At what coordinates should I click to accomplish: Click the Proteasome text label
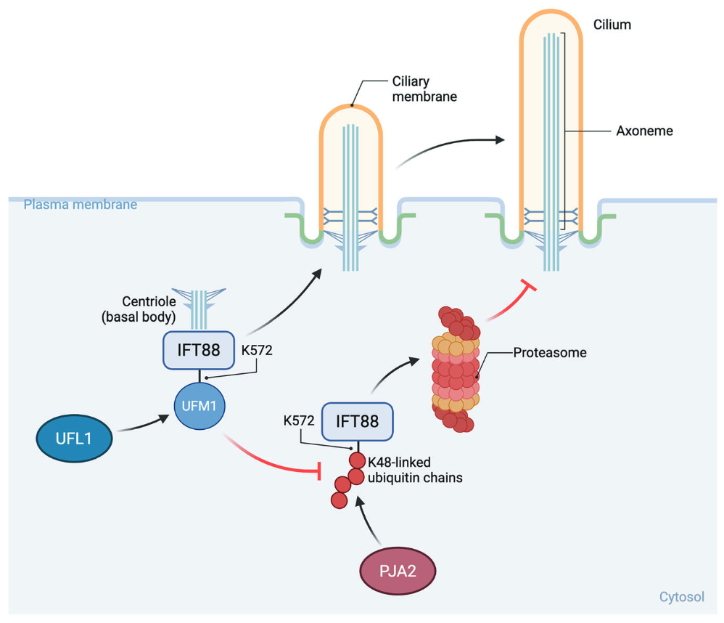(x=550, y=354)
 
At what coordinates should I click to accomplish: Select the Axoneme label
(x=645, y=131)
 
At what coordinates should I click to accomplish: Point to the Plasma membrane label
(x=80, y=205)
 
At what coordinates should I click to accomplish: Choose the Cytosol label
(x=681, y=597)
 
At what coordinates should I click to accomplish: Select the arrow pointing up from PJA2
(x=369, y=519)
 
